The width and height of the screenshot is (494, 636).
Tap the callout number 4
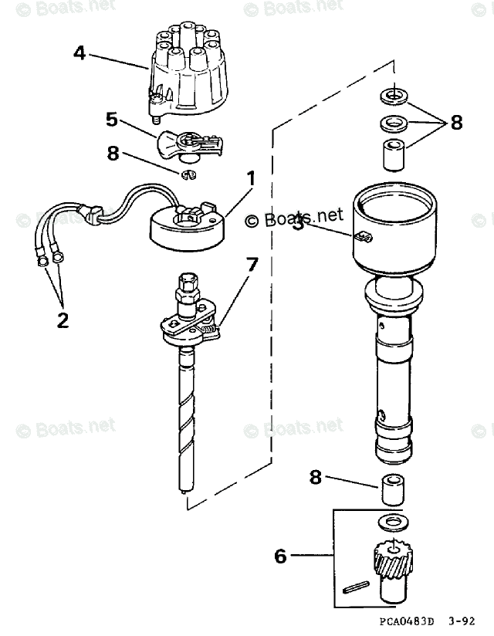(x=80, y=53)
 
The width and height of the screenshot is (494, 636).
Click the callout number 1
(x=250, y=178)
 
